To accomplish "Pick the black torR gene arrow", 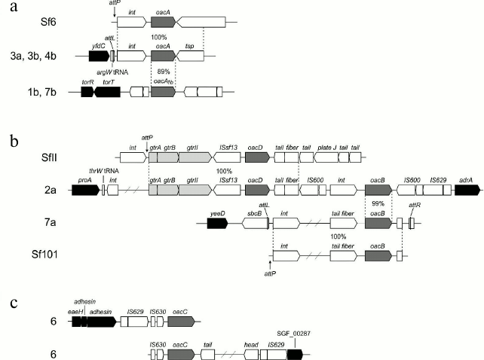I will [x=87, y=92].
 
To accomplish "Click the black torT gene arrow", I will [x=107, y=92].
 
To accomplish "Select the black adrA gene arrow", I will [x=465, y=191].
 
